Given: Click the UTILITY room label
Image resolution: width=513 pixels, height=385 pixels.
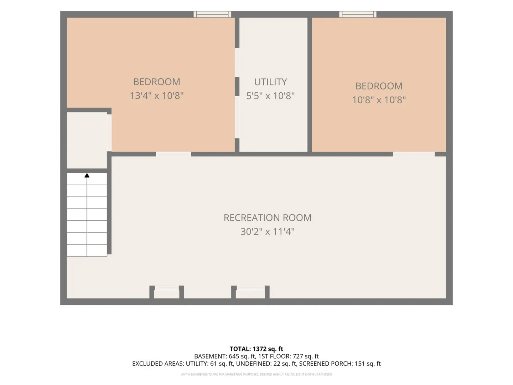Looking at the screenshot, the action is [270, 82].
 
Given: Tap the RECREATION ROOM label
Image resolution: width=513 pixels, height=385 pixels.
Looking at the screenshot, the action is [268, 217].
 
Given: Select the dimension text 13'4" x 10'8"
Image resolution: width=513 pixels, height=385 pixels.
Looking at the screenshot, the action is [157, 96].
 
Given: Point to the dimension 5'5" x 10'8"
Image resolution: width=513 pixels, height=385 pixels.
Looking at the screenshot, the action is [270, 96].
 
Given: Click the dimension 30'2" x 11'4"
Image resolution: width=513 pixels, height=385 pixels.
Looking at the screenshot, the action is [268, 231].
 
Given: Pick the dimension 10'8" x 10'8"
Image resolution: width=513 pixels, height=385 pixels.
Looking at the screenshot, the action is [379, 100].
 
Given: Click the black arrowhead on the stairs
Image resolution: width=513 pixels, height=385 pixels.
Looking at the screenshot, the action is [87, 175].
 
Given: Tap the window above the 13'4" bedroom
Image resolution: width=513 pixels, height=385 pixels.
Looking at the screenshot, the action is [212, 14].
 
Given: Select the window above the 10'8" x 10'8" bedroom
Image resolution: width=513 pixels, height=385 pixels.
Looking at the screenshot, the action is [358, 14].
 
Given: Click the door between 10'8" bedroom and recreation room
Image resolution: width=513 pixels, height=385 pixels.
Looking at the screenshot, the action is [414, 154].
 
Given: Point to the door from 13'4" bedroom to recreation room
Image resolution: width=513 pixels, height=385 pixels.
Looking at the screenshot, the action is [173, 154].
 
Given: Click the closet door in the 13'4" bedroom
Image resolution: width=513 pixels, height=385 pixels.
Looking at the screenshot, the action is [109, 133].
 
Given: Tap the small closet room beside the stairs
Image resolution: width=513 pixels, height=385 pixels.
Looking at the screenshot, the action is [87, 140].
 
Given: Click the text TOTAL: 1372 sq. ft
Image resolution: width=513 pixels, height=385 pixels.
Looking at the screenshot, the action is [256, 349].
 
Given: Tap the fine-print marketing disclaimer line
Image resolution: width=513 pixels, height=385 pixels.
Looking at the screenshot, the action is [256, 374].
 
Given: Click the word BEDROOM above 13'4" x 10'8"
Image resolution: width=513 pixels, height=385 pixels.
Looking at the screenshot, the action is [157, 82].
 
